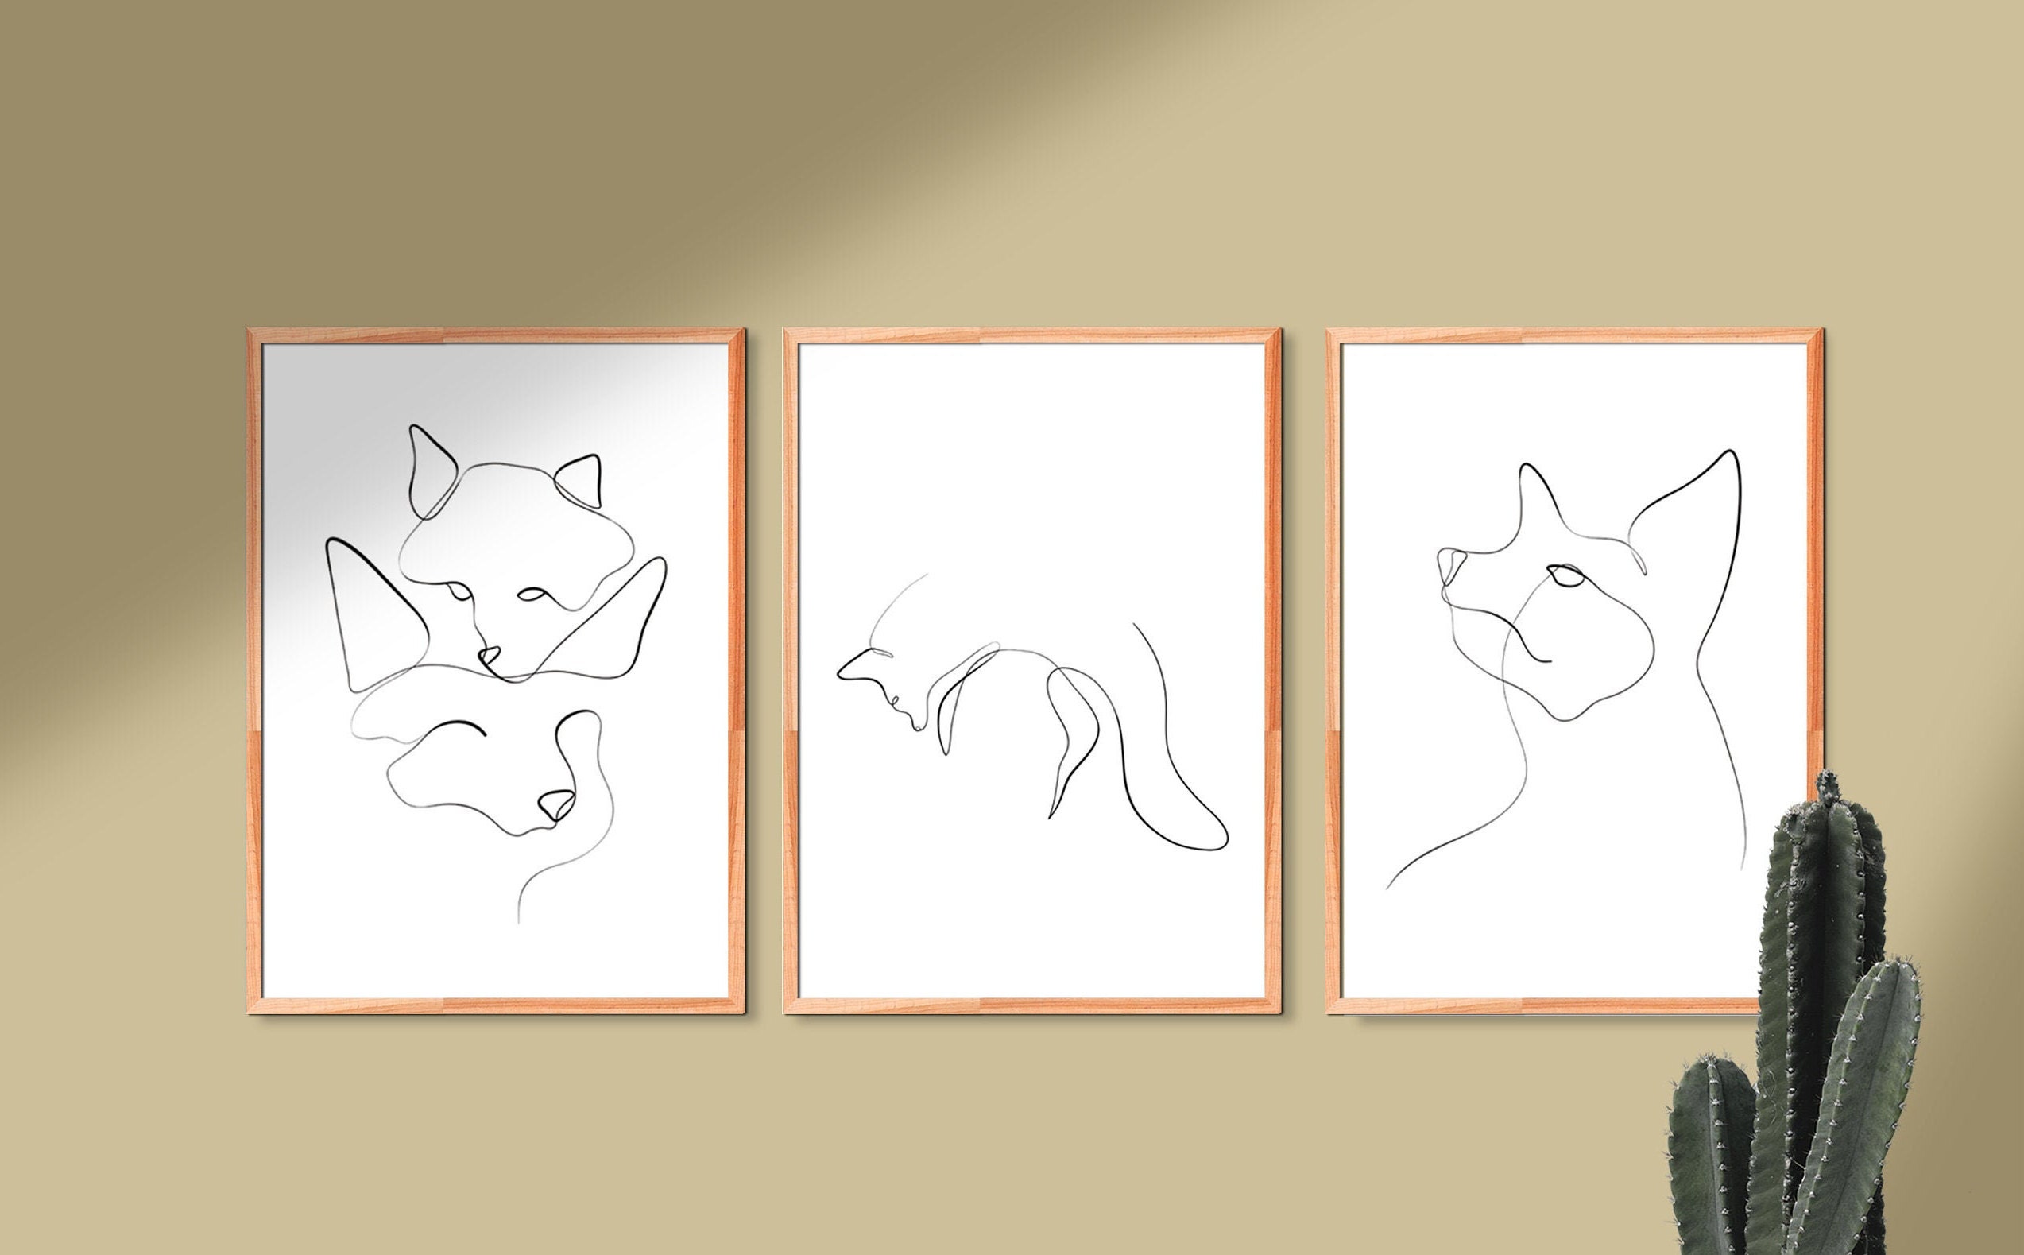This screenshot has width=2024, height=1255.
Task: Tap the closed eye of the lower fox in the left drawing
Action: click(463, 729)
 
